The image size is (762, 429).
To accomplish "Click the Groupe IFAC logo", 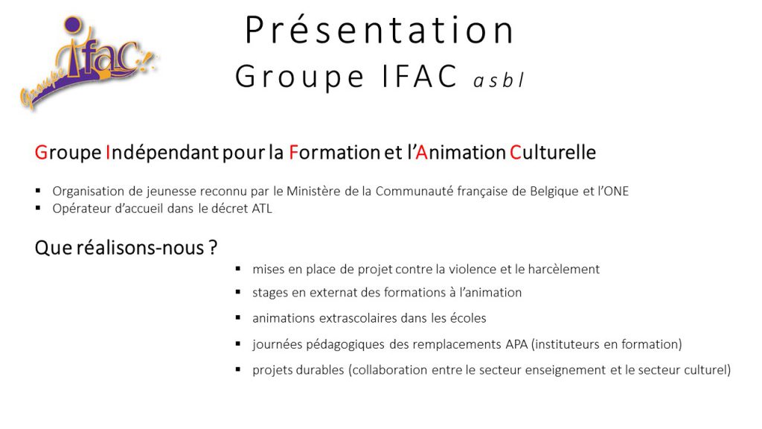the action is (x=89, y=63).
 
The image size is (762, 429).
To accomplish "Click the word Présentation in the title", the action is (x=380, y=30).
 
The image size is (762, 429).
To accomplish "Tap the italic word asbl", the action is (x=499, y=80).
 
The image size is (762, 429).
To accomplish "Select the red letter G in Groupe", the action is (x=41, y=153).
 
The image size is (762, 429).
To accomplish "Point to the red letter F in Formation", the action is (x=293, y=153).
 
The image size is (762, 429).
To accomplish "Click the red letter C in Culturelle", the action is (x=515, y=153).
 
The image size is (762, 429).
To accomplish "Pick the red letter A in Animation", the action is (x=421, y=153).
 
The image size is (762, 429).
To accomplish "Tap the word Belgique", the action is (x=554, y=191).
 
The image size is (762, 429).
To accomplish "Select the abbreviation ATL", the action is (x=261, y=209).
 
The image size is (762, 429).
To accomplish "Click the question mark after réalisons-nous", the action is (x=213, y=247).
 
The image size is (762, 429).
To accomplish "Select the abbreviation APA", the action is (x=516, y=344).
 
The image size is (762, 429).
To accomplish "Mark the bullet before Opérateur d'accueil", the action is (x=39, y=209).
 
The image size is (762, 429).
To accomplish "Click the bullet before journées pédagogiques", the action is (x=238, y=344).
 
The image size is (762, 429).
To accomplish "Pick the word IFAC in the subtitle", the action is (x=420, y=77).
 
